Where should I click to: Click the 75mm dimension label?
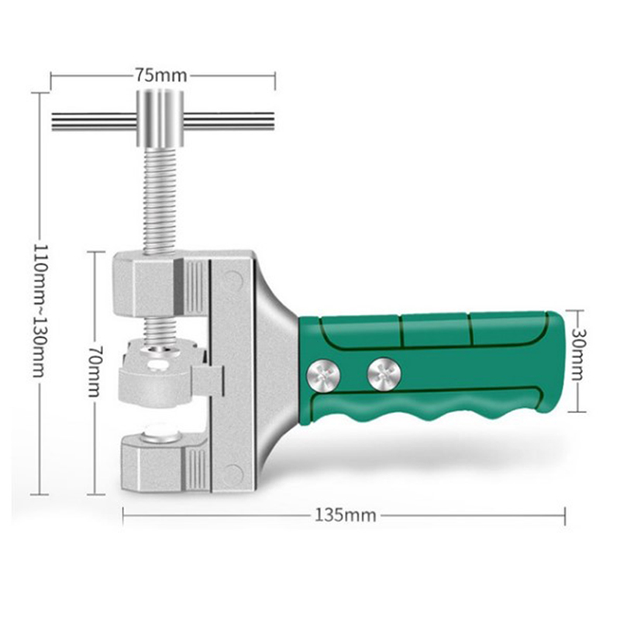coord(161,75)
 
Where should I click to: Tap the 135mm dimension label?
coord(345,515)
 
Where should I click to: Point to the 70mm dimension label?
coord(95,372)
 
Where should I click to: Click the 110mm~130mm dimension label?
coord(41,311)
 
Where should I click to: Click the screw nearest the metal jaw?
coord(323,376)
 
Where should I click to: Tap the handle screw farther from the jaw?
coord(384,374)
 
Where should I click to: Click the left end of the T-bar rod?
coord(52,121)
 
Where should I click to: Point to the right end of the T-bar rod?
coord(274,121)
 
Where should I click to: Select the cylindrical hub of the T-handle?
coord(160,119)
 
